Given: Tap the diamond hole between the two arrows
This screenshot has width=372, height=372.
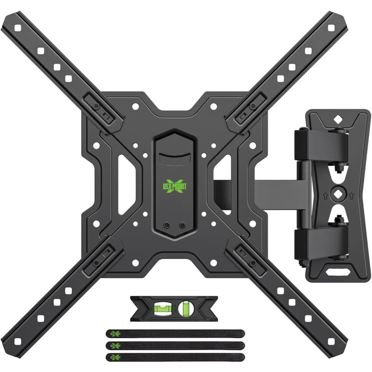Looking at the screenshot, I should tap(338, 193).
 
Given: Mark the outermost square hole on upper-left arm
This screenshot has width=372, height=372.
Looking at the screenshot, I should tap(17, 28).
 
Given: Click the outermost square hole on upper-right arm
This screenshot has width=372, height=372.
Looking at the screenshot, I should tap(331, 28).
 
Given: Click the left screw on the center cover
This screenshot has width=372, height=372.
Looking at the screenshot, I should tap(167, 226).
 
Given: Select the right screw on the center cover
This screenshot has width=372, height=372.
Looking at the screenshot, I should tap(182, 226).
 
